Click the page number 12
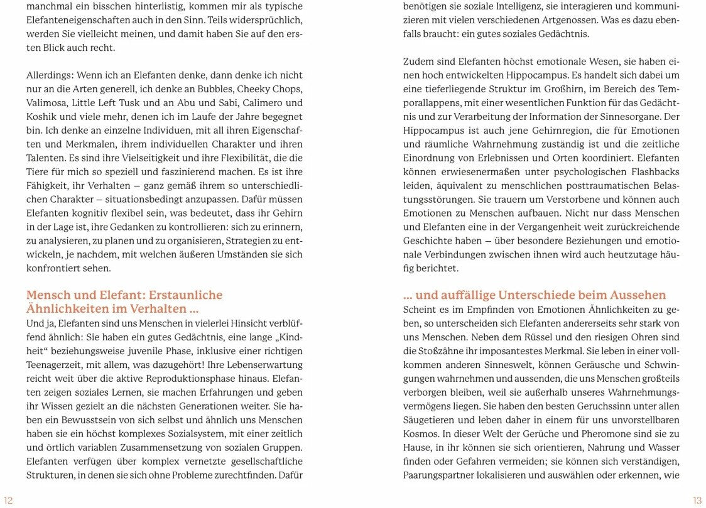pos(8,500)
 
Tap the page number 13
pos(697,500)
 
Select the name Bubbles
pos(202,89)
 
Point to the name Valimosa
pos(47,103)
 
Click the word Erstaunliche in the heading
pos(185,295)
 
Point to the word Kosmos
pos(420,434)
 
